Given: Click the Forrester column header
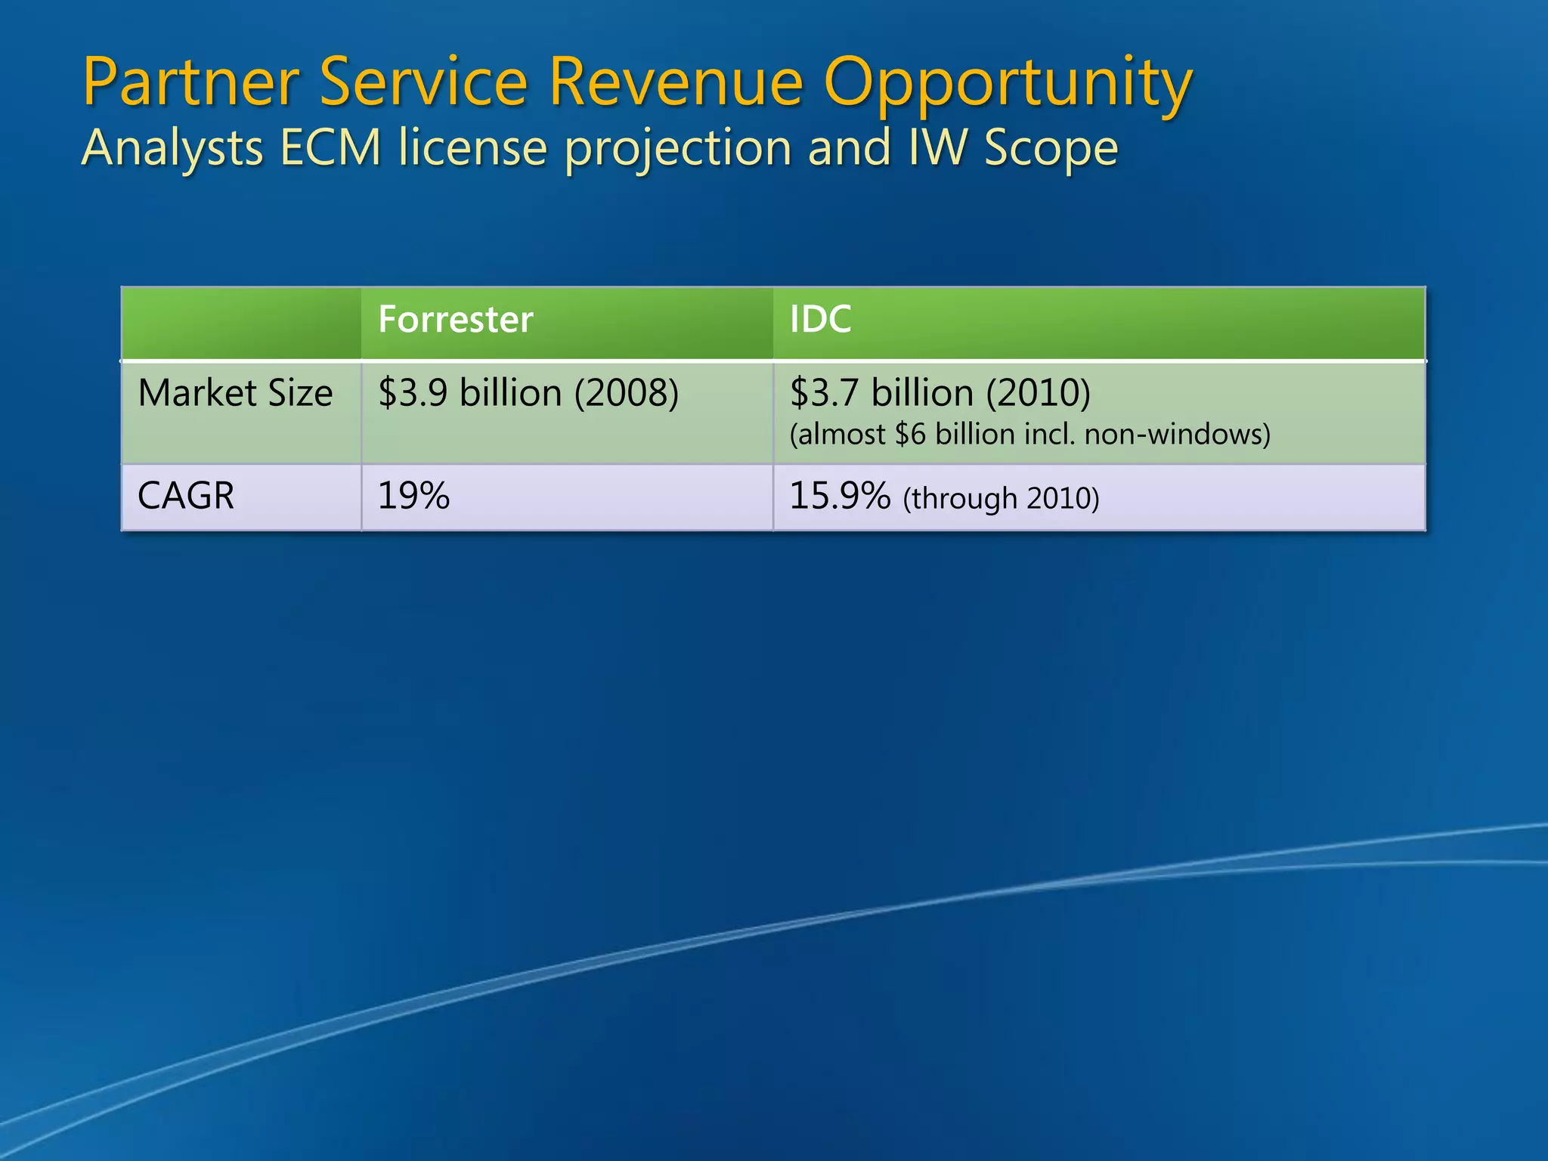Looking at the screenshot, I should click(x=455, y=320).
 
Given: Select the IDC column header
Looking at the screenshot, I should click(x=820, y=320).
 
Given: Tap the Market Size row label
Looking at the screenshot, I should click(x=235, y=394).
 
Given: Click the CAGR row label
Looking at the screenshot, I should click(x=186, y=497).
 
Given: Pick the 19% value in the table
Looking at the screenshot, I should click(x=413, y=497).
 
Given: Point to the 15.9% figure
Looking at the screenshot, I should click(x=839, y=497).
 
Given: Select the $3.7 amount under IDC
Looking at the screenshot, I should click(x=824, y=394).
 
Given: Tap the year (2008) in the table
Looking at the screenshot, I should click(x=626, y=394).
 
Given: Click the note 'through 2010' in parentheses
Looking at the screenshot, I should click(x=1001, y=499).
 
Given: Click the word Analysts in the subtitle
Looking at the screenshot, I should click(x=172, y=148).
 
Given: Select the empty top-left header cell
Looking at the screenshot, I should click(x=241, y=323).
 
